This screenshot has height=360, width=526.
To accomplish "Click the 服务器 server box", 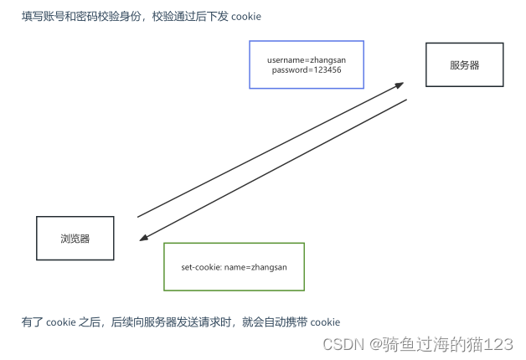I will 464,64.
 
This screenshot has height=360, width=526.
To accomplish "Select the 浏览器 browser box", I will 75,238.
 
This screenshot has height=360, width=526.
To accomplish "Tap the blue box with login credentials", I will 307,64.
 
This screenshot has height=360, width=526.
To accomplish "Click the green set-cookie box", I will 234,267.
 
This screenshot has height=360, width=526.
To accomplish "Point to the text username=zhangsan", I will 307,59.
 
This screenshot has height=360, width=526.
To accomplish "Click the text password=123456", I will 307,70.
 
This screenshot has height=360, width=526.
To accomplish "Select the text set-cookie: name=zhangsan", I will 234,267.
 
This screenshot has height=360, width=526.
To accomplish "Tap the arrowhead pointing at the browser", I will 142,238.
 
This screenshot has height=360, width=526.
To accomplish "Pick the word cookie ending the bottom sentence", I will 325,322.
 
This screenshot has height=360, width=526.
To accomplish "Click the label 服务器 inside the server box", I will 464,65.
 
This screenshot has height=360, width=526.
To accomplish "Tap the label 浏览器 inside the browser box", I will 75,239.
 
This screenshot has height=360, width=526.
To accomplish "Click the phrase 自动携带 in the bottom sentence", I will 286,322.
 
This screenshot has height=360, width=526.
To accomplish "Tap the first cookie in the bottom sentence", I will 60,322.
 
